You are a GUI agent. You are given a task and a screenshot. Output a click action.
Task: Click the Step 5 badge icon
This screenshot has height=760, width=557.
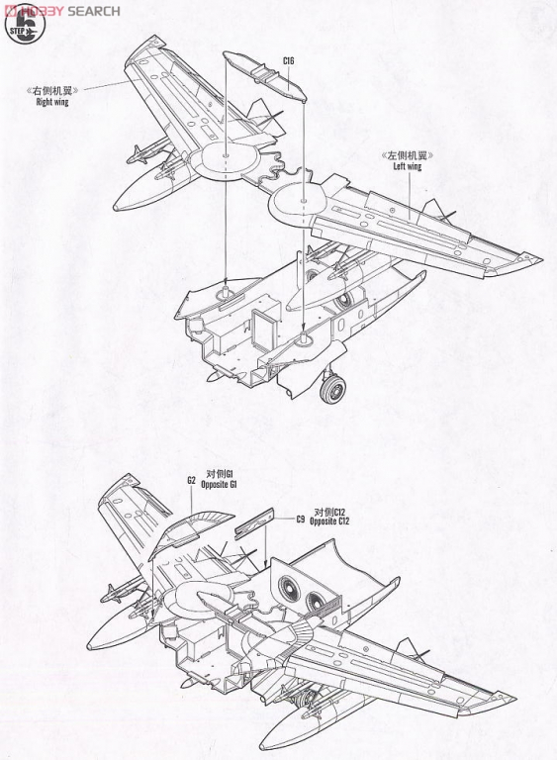tap(25, 24)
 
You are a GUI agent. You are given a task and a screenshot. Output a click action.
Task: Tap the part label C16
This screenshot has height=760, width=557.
tap(289, 61)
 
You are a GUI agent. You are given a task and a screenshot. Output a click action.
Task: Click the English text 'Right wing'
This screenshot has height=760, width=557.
tap(52, 102)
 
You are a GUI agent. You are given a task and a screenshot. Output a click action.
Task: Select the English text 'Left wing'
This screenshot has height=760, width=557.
tap(408, 166)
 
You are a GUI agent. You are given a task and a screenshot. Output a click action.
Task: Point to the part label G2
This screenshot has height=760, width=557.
tap(191, 480)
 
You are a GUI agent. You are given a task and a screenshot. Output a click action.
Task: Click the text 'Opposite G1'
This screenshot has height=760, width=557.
tap(219, 484)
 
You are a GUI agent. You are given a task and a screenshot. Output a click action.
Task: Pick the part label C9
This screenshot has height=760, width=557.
tap(301, 520)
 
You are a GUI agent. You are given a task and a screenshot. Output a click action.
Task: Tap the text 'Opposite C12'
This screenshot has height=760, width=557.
tap(329, 522)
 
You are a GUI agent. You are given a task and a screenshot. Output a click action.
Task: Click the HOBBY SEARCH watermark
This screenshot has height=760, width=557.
tap(62, 11)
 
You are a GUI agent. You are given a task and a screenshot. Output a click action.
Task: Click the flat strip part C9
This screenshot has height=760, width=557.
tap(254, 523)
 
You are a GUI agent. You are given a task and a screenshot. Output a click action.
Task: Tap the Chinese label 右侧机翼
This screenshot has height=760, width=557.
tap(52, 90)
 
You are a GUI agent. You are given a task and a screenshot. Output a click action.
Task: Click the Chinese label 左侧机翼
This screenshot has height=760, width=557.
tap(408, 155)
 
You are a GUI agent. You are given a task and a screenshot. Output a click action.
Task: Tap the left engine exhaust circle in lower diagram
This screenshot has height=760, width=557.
tap(292, 588)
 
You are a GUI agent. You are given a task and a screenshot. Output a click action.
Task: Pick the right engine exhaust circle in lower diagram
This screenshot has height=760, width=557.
tap(318, 602)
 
